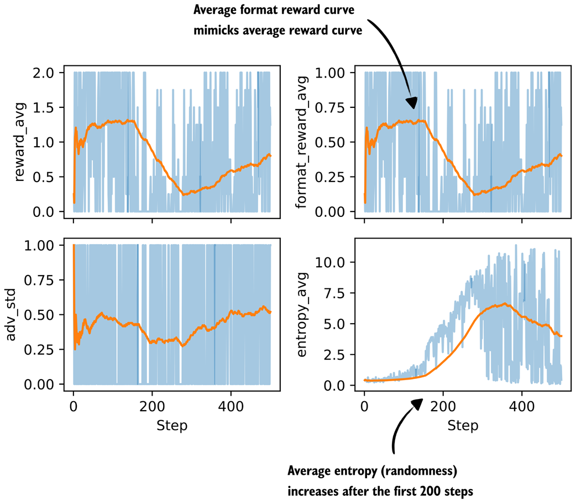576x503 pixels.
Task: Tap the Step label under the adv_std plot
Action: pyautogui.click(x=172, y=426)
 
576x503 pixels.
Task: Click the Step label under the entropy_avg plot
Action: pyautogui.click(x=463, y=426)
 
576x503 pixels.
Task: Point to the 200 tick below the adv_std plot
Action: pyautogui.click(x=152, y=404)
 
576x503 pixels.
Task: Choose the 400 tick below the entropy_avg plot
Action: pyautogui.click(x=521, y=404)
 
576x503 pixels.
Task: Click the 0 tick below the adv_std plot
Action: pyautogui.click(x=74, y=404)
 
